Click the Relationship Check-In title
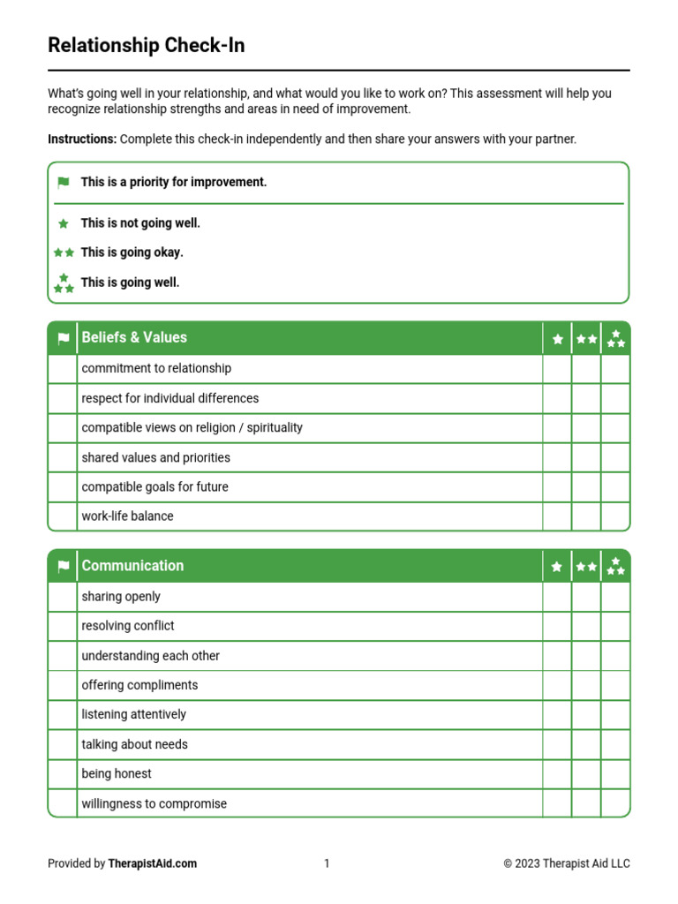(146, 46)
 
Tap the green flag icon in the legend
(63, 183)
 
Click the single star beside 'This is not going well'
(63, 224)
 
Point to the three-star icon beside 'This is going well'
(64, 282)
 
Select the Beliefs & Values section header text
(134, 337)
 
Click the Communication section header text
(132, 566)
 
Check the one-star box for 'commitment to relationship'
(557, 369)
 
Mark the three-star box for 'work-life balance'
(615, 516)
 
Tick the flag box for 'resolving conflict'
(62, 626)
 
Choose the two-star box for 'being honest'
(586, 774)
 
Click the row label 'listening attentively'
(133, 714)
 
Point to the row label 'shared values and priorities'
(155, 457)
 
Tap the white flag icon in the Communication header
(63, 567)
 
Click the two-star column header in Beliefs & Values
(586, 338)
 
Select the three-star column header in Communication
(615, 566)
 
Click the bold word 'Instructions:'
(82, 139)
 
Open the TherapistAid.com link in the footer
(152, 863)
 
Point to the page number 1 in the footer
(327, 863)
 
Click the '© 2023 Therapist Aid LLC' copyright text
(567, 863)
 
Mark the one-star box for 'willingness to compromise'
(557, 803)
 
